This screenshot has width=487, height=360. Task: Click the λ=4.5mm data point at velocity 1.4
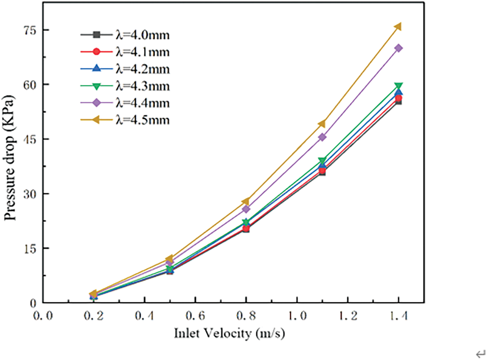[398, 26]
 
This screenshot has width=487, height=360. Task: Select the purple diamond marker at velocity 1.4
[398, 48]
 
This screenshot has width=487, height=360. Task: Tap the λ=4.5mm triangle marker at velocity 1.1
[322, 124]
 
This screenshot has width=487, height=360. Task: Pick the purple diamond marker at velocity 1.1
[322, 137]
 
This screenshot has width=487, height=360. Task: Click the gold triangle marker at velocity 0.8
[246, 201]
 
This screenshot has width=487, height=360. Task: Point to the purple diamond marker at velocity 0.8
[246, 209]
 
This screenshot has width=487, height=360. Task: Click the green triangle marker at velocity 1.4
[398, 86]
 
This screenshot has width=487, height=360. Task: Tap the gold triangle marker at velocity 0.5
[170, 259]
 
